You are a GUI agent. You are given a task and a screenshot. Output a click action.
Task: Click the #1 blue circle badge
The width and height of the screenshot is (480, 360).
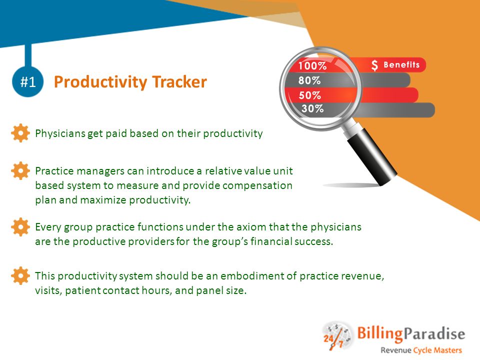(x=28, y=81)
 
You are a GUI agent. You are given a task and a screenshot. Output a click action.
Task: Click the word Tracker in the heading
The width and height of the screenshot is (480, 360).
(x=179, y=81)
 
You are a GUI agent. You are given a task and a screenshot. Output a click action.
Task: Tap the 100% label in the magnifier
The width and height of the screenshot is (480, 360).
(x=312, y=66)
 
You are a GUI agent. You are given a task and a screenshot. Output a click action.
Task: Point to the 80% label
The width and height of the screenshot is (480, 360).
(x=309, y=80)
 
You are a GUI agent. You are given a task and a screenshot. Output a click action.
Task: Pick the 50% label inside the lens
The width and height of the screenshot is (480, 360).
(x=310, y=95)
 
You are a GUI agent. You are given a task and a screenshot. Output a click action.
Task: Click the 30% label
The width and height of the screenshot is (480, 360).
(x=312, y=108)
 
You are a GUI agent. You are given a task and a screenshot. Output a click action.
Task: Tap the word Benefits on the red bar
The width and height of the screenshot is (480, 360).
(x=401, y=64)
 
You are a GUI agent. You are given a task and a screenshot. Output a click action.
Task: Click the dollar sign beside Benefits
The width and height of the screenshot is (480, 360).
(x=374, y=65)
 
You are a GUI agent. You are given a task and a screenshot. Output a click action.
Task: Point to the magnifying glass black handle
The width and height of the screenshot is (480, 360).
(x=372, y=156)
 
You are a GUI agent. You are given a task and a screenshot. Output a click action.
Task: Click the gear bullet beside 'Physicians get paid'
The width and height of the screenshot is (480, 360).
(x=20, y=133)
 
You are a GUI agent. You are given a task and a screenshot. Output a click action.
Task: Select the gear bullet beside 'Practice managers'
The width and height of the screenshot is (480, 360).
(x=20, y=170)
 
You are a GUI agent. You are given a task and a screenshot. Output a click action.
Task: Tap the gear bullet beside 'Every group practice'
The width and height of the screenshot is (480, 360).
(x=20, y=227)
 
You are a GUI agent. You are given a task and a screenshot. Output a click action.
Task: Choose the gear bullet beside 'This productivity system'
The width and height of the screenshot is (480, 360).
(x=20, y=275)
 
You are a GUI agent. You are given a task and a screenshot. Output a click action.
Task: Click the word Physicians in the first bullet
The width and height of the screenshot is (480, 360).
(x=60, y=134)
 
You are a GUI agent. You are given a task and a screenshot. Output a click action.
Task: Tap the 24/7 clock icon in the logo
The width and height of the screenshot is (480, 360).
(x=336, y=336)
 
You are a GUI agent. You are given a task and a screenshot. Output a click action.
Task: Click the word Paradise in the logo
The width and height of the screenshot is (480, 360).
(x=434, y=333)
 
